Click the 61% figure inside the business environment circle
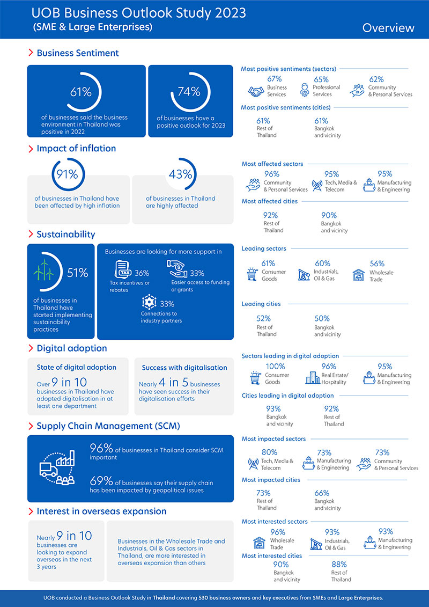[80, 91]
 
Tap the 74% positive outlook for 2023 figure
[189, 91]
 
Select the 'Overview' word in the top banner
[388, 28]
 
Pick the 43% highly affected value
[180, 174]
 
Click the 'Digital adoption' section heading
[71, 348]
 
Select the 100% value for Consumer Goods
[275, 367]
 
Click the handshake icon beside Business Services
[257, 91]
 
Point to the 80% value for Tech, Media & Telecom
[269, 452]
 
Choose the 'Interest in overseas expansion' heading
[101, 511]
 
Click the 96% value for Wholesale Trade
[278, 532]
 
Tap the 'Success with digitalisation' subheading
[184, 368]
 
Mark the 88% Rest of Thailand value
[339, 564]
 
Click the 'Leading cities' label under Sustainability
[261, 304]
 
